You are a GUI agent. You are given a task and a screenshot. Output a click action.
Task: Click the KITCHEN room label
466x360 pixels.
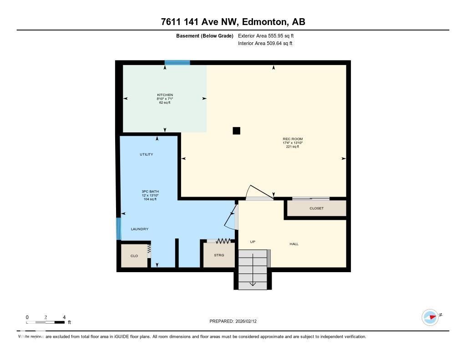[x=165, y=95]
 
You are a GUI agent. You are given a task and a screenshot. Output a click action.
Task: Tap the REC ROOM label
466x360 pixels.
[x=293, y=139]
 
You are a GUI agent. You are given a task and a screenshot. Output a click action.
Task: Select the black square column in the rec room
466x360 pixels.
[x=236, y=131]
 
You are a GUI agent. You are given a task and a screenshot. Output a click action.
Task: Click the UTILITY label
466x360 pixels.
[x=146, y=154]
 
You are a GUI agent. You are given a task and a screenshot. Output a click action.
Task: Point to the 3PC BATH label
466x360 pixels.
[x=150, y=191]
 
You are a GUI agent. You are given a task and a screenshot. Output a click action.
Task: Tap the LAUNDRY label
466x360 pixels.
[x=140, y=229]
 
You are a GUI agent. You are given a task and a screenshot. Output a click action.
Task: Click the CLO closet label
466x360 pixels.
[x=134, y=256]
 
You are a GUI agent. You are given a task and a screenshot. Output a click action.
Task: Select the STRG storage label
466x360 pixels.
[x=219, y=255]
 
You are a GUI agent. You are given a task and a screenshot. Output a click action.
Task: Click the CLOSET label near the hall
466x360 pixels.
[x=316, y=208]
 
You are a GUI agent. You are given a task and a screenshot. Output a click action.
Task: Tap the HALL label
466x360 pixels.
[x=294, y=244]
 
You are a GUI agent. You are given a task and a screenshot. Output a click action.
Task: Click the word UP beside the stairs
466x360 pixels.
[x=253, y=242]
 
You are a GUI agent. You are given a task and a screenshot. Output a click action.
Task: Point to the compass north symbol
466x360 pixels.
[x=431, y=317]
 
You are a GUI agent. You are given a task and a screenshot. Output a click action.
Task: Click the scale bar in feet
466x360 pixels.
[x=46, y=322]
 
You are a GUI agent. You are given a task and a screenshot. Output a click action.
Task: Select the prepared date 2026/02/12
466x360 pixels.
[x=236, y=321]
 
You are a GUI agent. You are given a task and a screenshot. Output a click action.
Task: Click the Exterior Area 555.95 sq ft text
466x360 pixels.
[x=269, y=35]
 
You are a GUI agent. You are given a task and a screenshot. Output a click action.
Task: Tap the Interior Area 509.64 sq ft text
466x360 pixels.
[x=265, y=44]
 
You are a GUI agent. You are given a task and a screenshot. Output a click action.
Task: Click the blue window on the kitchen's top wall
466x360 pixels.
[x=177, y=62]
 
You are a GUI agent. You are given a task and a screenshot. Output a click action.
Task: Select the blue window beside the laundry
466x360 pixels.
[x=119, y=228]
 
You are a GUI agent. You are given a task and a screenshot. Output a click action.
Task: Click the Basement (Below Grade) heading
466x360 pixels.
[x=205, y=35]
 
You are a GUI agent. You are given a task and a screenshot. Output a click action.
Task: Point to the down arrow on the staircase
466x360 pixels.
[x=253, y=284]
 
